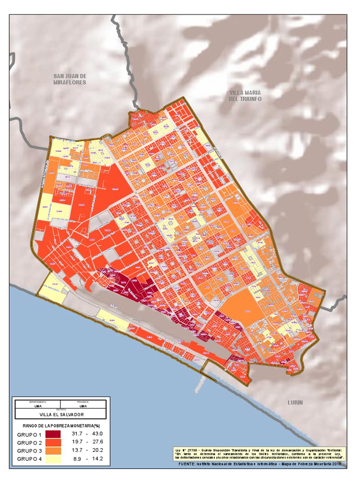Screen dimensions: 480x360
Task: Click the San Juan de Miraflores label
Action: tap(70, 79)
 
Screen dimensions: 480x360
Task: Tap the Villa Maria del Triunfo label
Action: tap(245, 96)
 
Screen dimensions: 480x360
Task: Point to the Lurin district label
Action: tap(295, 402)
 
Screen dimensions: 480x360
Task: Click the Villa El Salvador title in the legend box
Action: tap(61, 415)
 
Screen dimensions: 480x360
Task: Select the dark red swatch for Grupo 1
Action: tap(57, 435)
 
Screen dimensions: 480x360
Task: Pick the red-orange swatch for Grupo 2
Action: tap(57, 442)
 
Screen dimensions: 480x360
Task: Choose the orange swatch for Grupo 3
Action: tap(57, 450)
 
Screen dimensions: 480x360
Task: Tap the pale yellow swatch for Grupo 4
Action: tap(57, 458)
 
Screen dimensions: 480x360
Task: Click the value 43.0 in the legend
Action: tap(97, 435)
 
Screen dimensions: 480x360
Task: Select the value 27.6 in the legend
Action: tap(97, 442)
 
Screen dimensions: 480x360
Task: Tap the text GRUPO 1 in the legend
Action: tap(30, 435)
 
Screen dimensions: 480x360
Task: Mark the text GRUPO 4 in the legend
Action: tap(30, 459)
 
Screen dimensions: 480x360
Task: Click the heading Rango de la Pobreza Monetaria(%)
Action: tap(61, 425)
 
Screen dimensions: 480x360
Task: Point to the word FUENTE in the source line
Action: tap(187, 464)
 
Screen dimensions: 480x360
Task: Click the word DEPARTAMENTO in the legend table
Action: tap(38, 402)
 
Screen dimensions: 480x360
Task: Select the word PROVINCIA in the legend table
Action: tap(83, 402)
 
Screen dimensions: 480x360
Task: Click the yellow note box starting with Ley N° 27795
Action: tap(259, 453)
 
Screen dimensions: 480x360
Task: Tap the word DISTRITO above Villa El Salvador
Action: tap(61, 410)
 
